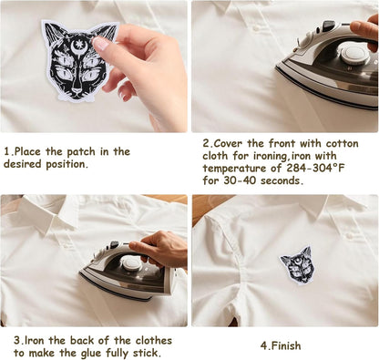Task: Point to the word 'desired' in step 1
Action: coord(23,164)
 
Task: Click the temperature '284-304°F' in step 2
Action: coord(316,168)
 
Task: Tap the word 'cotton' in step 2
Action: coord(342,143)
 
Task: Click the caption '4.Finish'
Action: coord(281,345)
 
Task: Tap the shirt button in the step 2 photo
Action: coord(258,27)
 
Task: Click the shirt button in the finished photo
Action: coord(350,235)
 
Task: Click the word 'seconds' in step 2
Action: coord(282,180)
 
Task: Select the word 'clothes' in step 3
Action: coord(154,341)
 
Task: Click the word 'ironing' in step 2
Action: coord(267,156)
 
